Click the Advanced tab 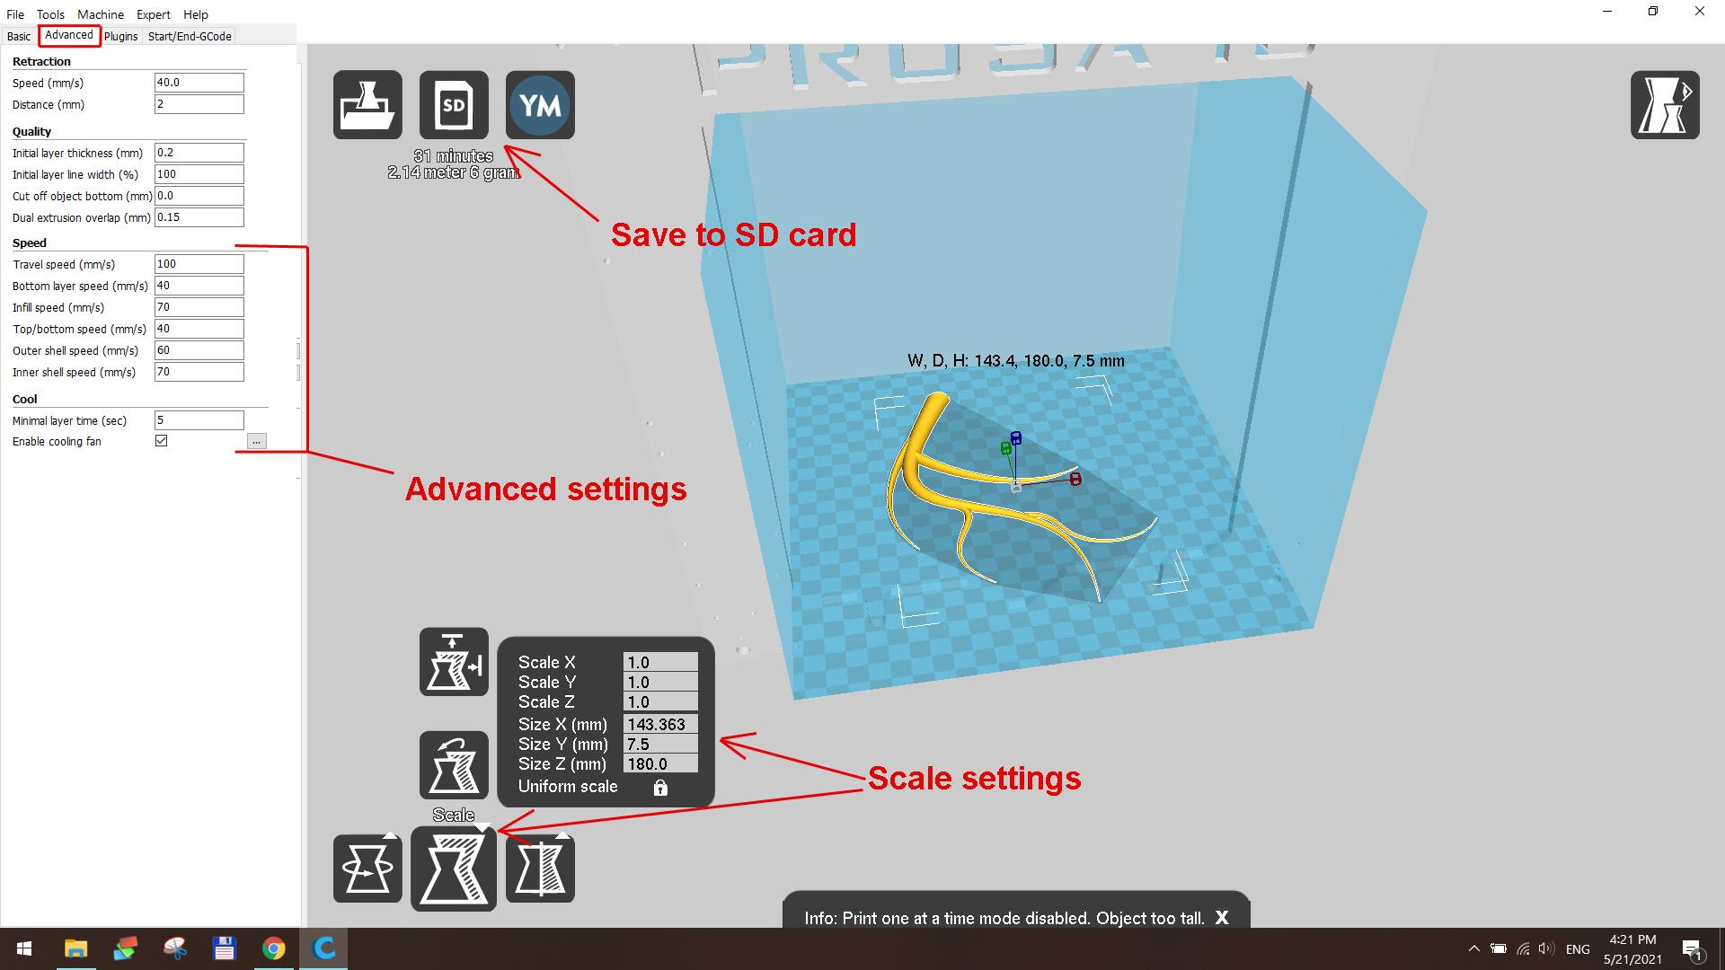point(69,35)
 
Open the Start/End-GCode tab point(190,36)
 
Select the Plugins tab point(120,36)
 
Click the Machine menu point(100,14)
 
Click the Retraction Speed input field point(199,83)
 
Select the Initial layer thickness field point(199,153)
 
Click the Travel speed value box point(199,264)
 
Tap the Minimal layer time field point(199,420)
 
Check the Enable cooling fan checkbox point(162,441)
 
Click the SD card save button point(454,105)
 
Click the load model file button point(367,105)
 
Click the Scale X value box point(660,663)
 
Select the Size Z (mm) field point(660,764)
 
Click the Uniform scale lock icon point(660,788)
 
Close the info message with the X point(1222,918)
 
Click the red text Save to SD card point(733,235)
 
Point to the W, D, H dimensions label point(1015,361)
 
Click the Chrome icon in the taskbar point(274,948)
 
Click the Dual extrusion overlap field point(199,217)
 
